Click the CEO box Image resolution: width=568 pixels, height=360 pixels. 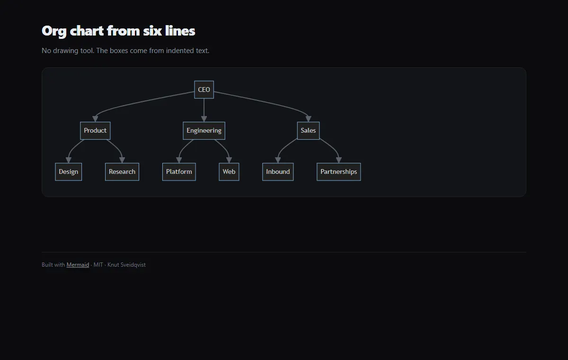point(204,90)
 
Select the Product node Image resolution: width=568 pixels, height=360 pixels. point(95,131)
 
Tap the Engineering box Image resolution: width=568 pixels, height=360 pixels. point(204,131)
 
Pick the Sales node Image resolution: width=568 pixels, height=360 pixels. point(308,131)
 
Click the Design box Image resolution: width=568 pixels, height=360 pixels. point(69,172)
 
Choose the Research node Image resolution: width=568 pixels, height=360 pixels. point(122,172)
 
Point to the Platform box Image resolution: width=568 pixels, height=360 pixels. point(179,172)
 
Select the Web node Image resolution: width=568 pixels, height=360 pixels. point(229,172)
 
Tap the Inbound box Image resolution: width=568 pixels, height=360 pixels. point(278,172)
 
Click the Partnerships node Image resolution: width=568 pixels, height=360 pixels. point(339,172)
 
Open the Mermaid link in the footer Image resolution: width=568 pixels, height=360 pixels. point(78,265)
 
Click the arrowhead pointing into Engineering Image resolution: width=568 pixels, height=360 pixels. point(204,119)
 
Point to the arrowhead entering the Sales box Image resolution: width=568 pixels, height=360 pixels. point(308,119)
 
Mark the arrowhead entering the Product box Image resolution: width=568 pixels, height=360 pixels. point(95,119)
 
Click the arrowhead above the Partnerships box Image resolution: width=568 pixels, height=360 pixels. point(339,160)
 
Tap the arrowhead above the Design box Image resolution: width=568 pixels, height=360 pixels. point(69,160)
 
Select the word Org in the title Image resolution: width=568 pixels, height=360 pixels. point(54,31)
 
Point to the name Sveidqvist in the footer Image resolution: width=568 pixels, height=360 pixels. point(133,265)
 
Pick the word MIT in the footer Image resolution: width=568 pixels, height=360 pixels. point(98,265)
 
